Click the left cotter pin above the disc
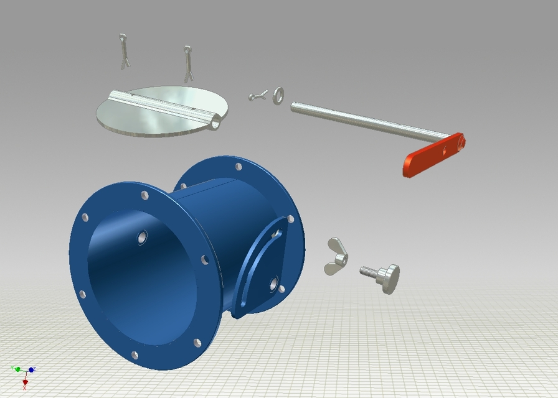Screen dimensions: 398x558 click(x=125, y=51)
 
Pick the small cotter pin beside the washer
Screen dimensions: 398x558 click(x=257, y=96)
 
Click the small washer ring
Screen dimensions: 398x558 click(x=278, y=95)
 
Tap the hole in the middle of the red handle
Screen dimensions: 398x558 click(x=445, y=149)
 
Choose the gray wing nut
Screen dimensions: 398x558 click(x=336, y=255)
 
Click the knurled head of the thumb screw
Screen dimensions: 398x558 click(x=390, y=277)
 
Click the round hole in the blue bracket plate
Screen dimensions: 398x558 click(x=273, y=284)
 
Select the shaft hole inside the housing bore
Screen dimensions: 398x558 click(x=142, y=236)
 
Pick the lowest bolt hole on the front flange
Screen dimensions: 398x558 click(x=135, y=355)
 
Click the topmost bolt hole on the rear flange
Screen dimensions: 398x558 click(x=239, y=167)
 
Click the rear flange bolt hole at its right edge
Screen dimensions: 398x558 click(x=290, y=219)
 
